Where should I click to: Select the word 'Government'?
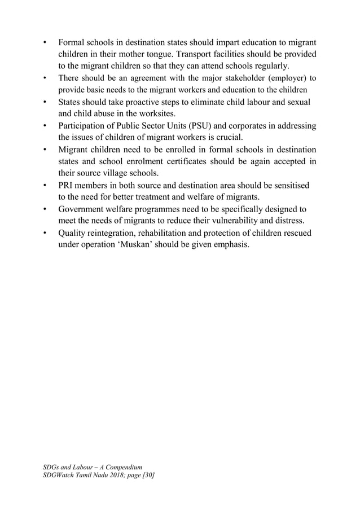pos(82,209)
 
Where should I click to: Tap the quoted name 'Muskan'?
pos(139,244)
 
